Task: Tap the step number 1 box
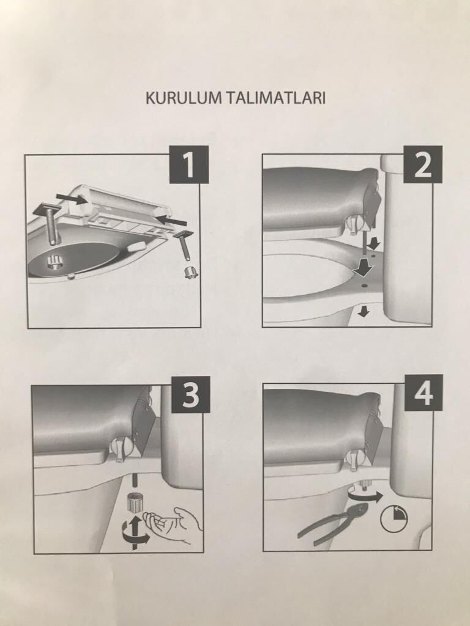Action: (x=189, y=164)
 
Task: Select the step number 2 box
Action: (x=423, y=164)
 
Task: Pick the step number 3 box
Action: (x=191, y=394)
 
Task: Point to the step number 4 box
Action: (x=423, y=393)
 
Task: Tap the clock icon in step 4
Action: (x=394, y=519)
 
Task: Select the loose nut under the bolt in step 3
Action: (x=134, y=501)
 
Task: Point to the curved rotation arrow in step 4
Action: (x=365, y=496)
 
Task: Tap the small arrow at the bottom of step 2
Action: (x=364, y=311)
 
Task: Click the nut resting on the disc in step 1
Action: (x=55, y=262)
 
